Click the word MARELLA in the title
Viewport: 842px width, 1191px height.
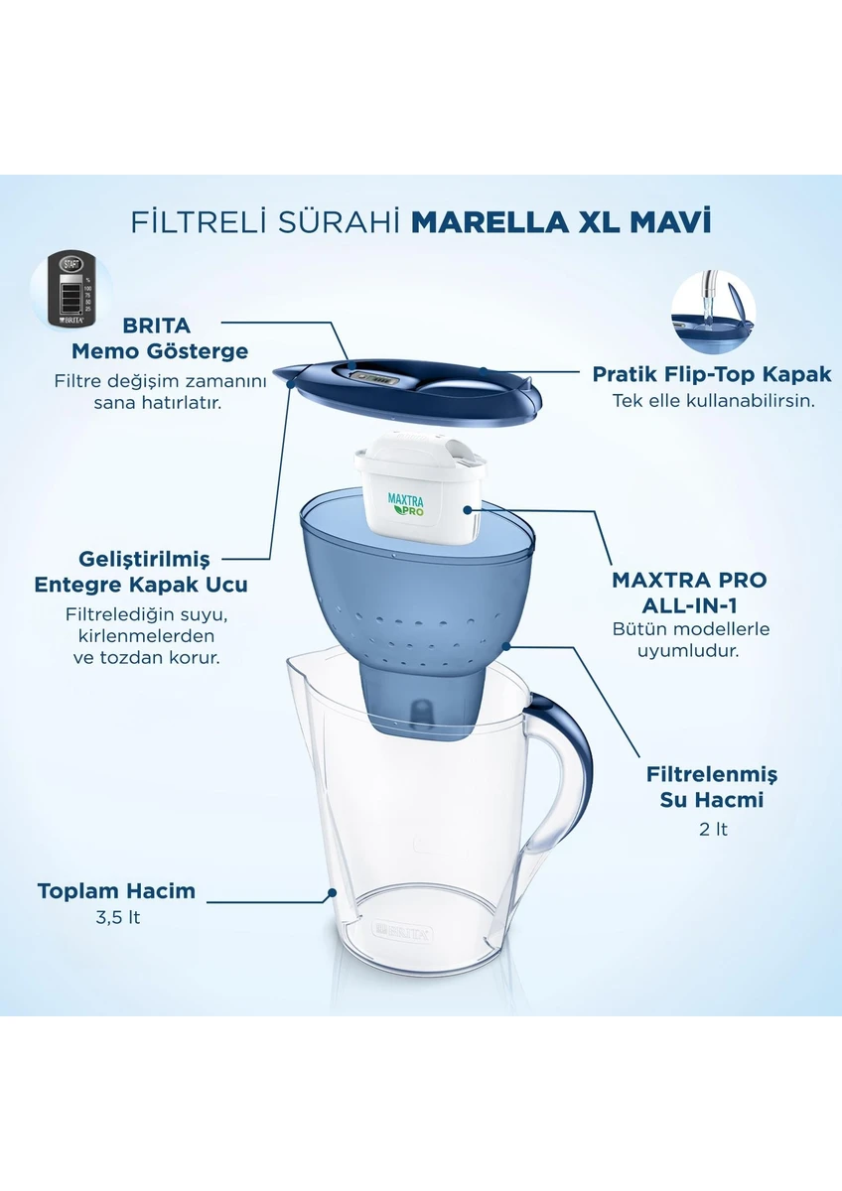[490, 221]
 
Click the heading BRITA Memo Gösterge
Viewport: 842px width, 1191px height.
[160, 338]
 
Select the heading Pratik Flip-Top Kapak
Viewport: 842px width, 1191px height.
[712, 374]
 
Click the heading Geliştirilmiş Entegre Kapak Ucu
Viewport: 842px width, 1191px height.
[141, 572]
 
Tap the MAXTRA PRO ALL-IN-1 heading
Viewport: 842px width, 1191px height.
[689, 593]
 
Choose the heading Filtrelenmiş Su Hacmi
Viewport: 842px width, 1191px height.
[712, 786]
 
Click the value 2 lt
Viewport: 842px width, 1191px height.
[713, 829]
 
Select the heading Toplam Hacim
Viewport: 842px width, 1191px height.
[116, 890]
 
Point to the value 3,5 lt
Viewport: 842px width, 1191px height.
[118, 918]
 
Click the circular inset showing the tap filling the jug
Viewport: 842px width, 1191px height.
[713, 311]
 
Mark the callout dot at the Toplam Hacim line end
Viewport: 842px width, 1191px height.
[332, 892]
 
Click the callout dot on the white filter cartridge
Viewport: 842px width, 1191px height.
[468, 509]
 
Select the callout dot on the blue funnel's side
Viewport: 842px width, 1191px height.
[506, 646]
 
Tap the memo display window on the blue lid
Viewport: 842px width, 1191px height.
[375, 378]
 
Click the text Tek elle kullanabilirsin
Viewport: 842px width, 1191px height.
[713, 400]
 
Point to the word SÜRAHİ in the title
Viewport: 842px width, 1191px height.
[339, 221]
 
